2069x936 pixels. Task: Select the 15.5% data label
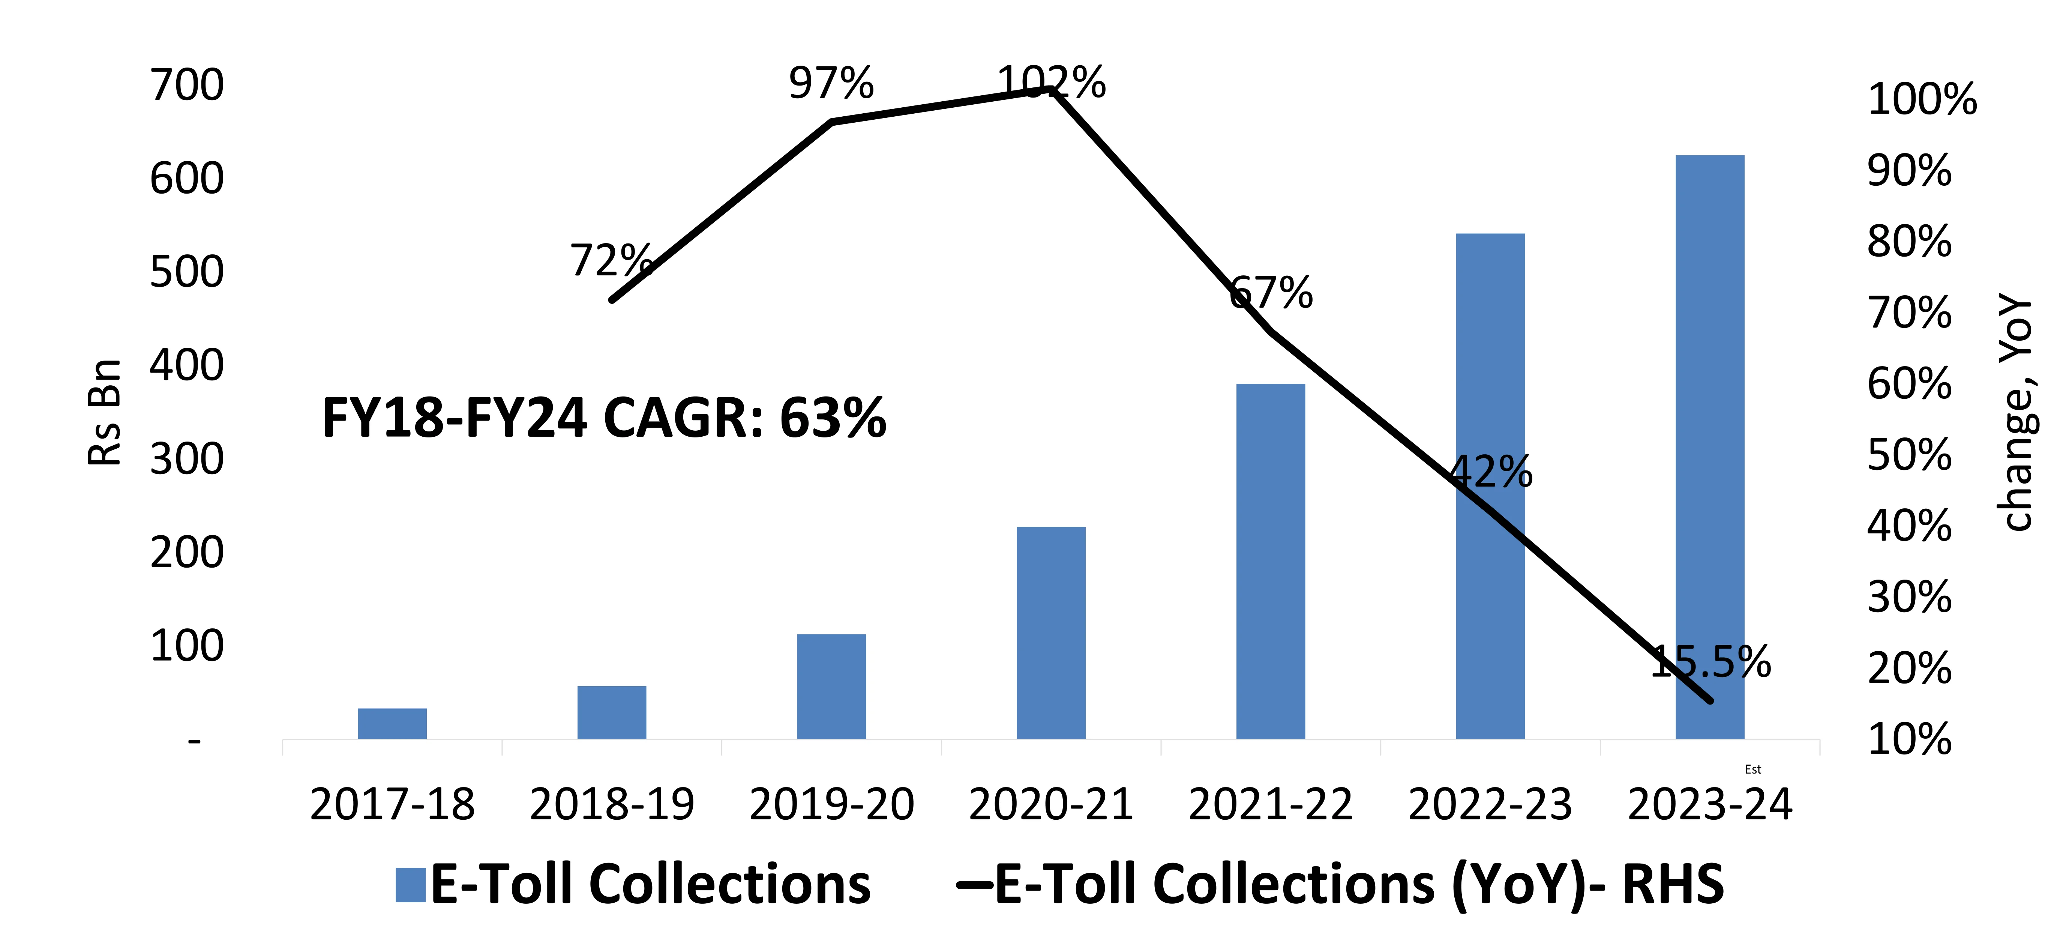pos(1711,662)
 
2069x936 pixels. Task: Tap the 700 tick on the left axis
pos(187,85)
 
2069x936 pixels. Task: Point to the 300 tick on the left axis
pos(187,460)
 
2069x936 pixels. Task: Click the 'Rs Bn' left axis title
pos(105,412)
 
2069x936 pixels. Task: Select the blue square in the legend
pos(410,885)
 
